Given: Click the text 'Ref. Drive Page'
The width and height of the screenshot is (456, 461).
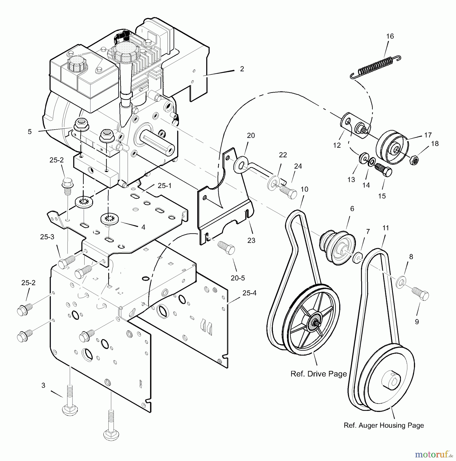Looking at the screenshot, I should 318,374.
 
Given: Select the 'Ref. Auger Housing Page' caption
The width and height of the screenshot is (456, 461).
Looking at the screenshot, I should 384,426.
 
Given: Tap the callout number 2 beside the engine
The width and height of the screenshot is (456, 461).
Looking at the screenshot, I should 242,69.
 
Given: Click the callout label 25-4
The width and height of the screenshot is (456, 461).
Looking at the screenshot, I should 249,293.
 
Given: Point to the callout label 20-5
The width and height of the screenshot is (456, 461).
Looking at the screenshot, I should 238,278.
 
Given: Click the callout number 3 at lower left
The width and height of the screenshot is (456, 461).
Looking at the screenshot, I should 43,385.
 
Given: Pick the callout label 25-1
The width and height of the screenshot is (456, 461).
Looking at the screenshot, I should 164,186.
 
